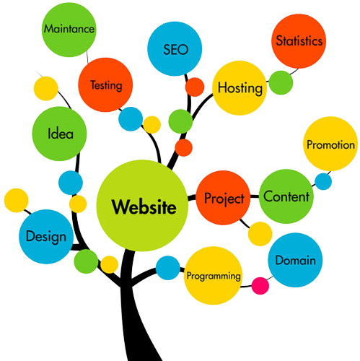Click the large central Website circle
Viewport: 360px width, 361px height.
[142, 206]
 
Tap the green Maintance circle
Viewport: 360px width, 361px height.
[69, 30]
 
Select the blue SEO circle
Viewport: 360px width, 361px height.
[175, 49]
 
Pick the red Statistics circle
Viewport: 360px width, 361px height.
[299, 41]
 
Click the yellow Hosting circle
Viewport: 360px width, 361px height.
[240, 88]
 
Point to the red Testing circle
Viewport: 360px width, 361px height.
[105, 84]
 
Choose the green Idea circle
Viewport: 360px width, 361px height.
[59, 134]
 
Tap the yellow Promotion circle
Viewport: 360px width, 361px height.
[330, 144]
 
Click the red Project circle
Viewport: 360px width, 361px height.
[223, 198]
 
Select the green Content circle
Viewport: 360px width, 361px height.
[286, 196]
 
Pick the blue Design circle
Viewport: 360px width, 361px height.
[46, 237]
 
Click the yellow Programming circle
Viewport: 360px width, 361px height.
[213, 276]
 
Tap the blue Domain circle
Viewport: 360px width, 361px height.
[295, 260]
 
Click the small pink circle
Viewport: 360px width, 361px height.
[260, 286]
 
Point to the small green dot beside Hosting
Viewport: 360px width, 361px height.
[281, 82]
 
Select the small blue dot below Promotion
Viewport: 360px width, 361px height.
[323, 181]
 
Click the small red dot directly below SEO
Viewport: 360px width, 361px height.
[195, 87]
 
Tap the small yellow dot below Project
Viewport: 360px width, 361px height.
[260, 234]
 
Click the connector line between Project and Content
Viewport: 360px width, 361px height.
[255, 196]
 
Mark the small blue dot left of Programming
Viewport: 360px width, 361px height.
[168, 268]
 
